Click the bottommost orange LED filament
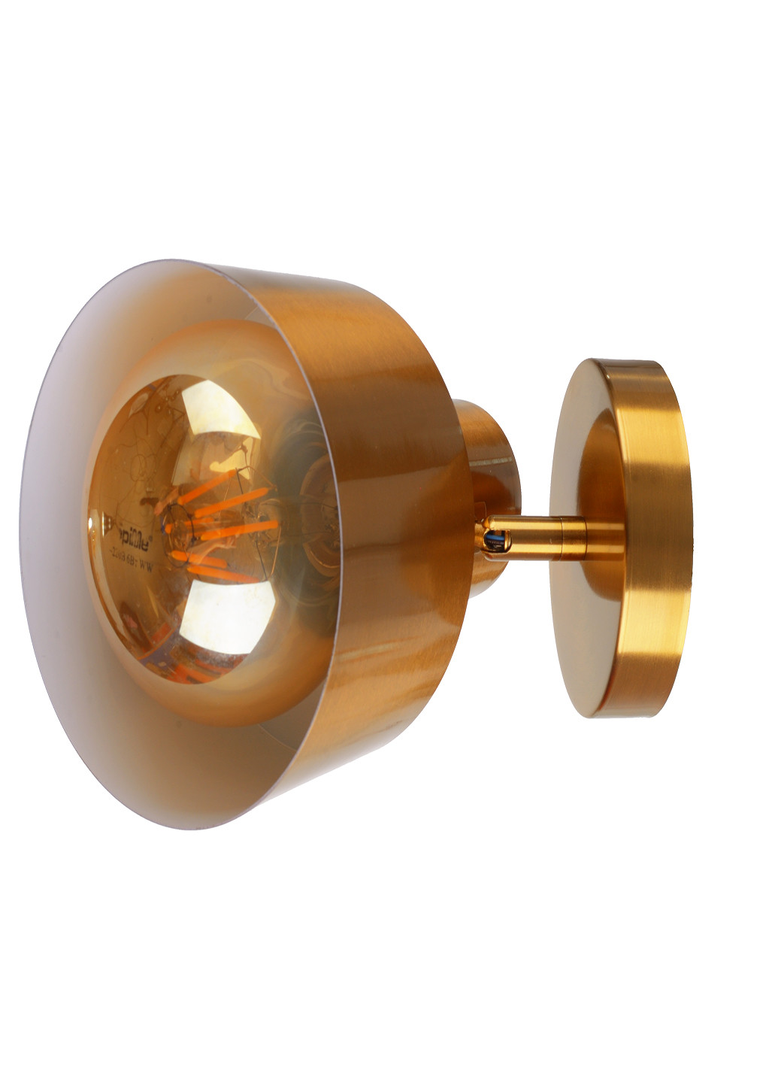[x=218, y=575]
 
